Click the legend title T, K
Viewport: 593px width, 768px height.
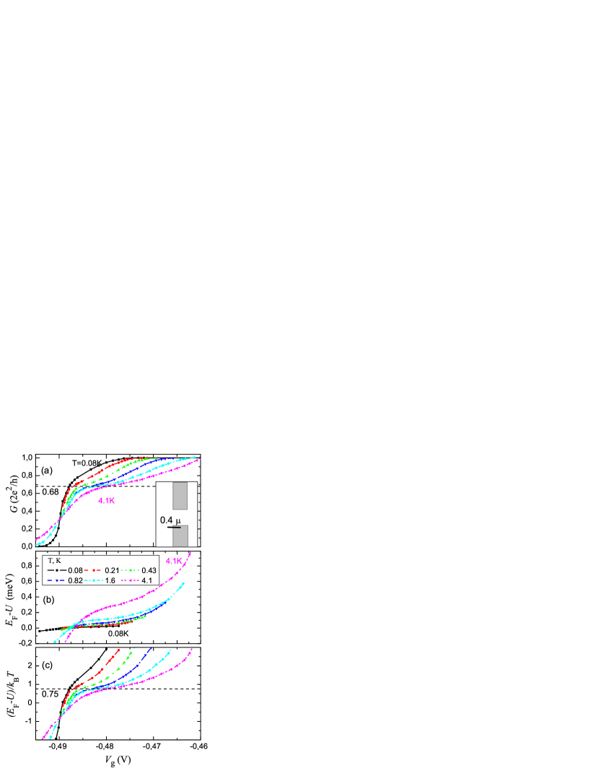pos(55,561)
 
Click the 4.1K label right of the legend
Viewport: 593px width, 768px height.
pos(174,561)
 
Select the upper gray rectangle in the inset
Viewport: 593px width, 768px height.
pos(180,496)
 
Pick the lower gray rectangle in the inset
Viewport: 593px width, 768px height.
pos(180,536)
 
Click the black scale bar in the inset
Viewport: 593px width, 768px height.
pos(174,528)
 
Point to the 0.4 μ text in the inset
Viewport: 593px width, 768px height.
pos(170,519)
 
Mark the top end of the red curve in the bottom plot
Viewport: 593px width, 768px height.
pos(118,648)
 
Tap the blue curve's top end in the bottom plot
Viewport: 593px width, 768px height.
pos(151,648)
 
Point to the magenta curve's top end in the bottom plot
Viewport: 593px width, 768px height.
pos(192,648)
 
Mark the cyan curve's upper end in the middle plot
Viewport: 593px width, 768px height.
pos(184,582)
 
